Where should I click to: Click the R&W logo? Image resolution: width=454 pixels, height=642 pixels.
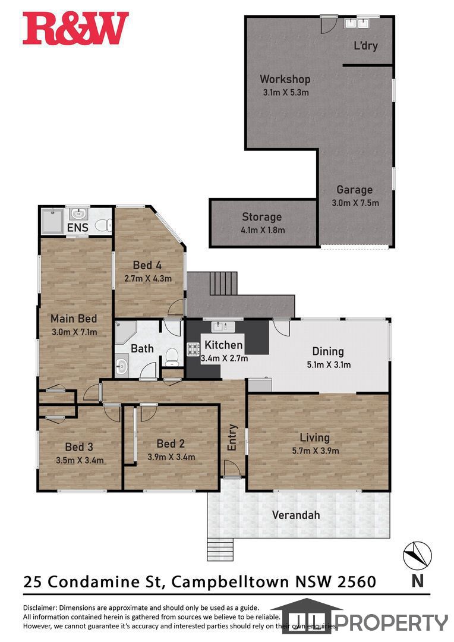(75, 29)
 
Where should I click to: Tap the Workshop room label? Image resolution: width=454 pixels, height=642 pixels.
(285, 79)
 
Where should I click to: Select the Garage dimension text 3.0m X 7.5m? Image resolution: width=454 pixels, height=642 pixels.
(355, 203)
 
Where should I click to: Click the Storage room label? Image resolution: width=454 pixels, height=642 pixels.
(261, 217)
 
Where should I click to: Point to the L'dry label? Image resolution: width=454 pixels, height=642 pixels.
(365, 45)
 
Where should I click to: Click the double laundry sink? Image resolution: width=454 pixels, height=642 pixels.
(356, 23)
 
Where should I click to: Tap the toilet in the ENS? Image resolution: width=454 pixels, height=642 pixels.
(103, 225)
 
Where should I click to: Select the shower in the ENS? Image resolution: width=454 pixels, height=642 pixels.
(52, 221)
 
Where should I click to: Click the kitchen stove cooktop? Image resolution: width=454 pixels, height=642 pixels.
(193, 350)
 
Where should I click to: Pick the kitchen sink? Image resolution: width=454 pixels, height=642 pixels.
(223, 326)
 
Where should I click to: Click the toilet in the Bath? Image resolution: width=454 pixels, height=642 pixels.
(172, 357)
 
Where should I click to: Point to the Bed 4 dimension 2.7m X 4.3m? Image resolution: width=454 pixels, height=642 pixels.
(148, 278)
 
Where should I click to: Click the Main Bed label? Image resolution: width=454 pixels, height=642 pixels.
(74, 319)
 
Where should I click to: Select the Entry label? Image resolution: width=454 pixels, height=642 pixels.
(232, 438)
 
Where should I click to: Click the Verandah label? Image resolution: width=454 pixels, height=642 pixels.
(296, 515)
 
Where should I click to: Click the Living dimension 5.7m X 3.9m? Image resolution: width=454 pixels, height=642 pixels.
(315, 451)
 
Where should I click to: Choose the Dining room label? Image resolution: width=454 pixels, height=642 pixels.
(328, 351)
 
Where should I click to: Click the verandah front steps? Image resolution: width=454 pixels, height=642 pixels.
(220, 549)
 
